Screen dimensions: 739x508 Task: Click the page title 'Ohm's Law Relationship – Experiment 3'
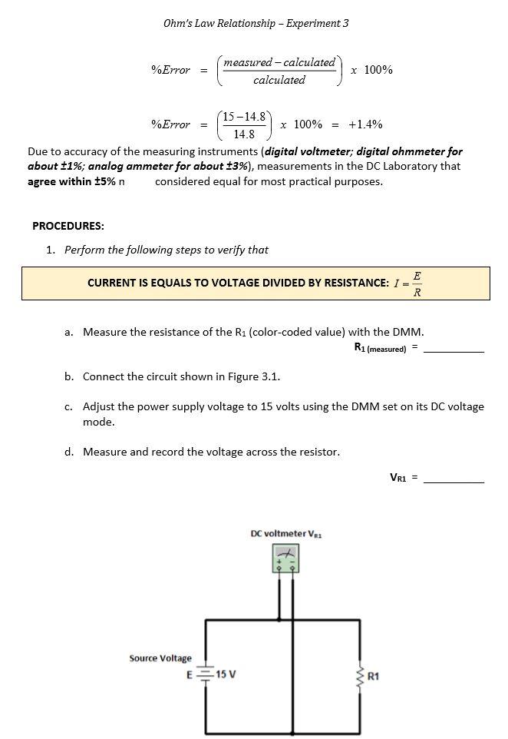(256, 23)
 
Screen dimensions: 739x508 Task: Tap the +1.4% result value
(365, 124)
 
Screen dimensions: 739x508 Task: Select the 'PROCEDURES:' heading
(68, 226)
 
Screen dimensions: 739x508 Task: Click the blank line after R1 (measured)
(454, 350)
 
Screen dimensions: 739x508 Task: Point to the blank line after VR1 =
(454, 480)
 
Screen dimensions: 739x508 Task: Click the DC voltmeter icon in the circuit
(285, 559)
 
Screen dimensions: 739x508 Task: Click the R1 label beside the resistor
(374, 677)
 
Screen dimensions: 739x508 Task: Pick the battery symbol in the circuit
(205, 674)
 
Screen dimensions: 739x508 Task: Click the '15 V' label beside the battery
(226, 674)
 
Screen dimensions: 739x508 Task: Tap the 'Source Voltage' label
(160, 658)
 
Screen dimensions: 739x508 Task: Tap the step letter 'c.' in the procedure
(69, 406)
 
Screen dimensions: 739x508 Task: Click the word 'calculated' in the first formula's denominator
(279, 80)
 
